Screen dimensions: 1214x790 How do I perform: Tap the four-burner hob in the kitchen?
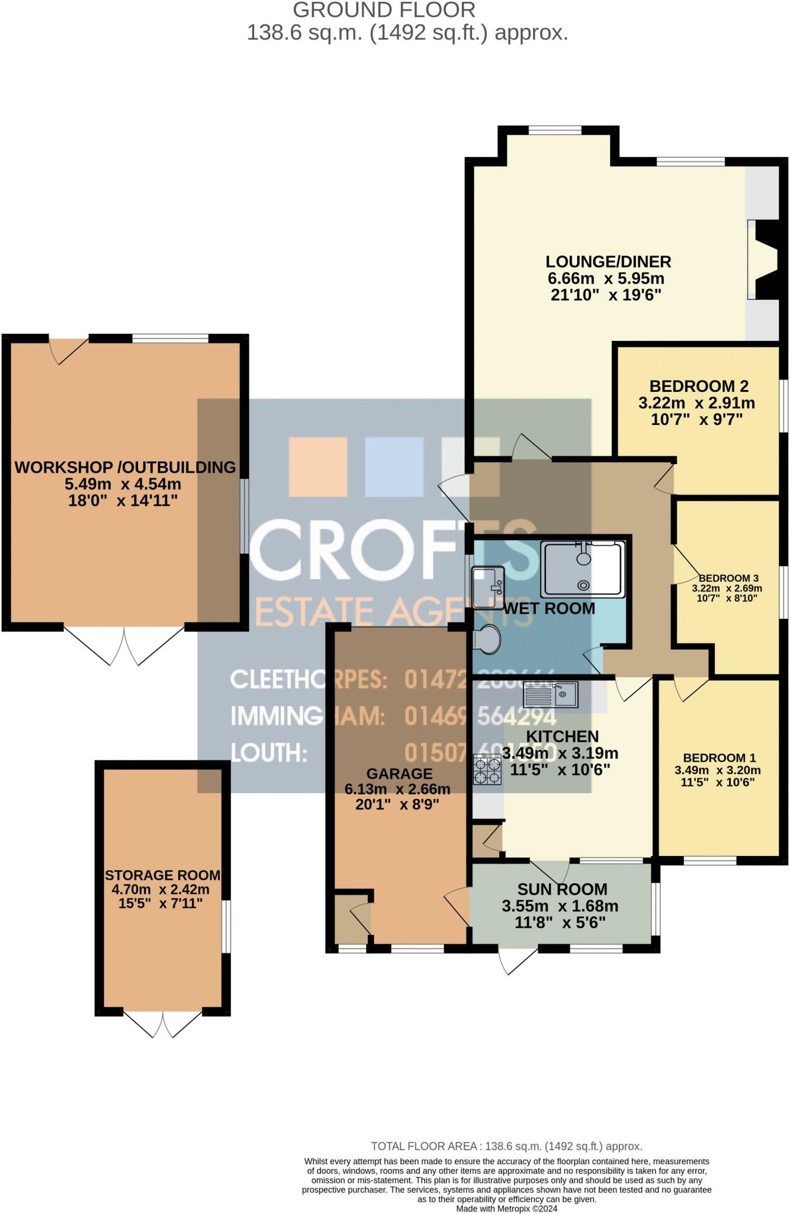[487, 769]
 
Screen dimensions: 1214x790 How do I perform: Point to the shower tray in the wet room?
[583, 568]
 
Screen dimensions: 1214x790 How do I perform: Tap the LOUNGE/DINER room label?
[608, 261]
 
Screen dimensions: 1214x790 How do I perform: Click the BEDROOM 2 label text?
[699, 386]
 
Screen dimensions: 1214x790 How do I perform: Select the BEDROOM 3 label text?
[728, 578]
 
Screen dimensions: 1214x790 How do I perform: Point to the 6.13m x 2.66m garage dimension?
[398, 789]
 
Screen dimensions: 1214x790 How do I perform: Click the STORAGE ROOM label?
[162, 875]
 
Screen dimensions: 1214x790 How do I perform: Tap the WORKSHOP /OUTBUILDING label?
[125, 467]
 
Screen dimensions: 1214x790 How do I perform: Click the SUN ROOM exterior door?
[516, 960]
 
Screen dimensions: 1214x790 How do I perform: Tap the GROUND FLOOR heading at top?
[384, 10]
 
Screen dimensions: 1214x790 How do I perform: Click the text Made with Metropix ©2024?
[506, 1209]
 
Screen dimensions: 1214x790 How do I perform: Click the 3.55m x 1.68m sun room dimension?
[560, 906]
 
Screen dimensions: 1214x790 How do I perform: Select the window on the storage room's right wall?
[226, 927]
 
